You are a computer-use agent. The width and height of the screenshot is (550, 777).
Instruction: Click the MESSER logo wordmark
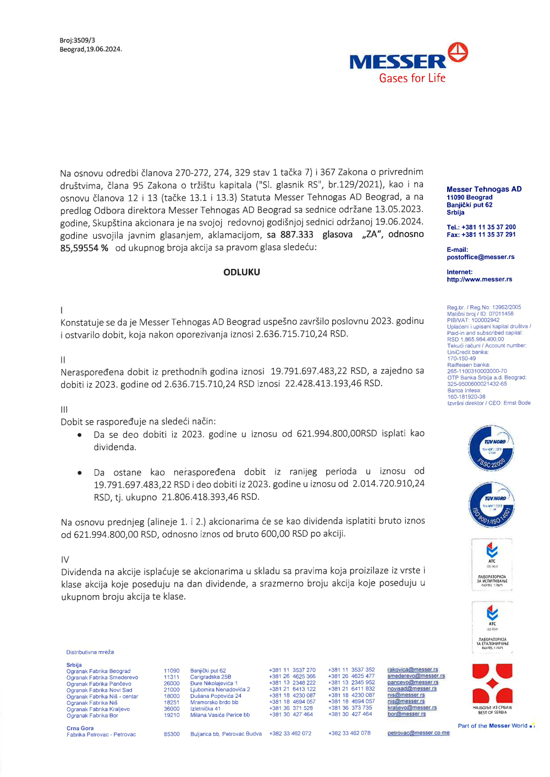[398, 62]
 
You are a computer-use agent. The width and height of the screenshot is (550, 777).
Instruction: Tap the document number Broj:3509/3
[78, 40]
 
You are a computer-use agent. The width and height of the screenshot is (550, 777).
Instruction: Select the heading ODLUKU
[241, 272]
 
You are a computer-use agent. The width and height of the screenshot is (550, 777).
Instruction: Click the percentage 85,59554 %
[84, 248]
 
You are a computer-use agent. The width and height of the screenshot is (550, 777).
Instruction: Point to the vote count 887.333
[296, 235]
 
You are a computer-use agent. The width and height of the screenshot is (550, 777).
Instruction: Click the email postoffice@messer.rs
[480, 257]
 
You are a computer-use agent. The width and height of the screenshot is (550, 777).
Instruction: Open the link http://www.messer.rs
[479, 279]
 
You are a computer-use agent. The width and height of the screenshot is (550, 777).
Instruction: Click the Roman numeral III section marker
[64, 410]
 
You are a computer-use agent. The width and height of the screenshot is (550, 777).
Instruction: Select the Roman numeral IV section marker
[65, 559]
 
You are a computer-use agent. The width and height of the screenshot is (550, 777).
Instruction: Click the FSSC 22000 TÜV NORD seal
[491, 448]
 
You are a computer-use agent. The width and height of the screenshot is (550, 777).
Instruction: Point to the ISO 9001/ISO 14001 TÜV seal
[491, 505]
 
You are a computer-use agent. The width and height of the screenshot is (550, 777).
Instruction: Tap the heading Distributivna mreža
[90, 652]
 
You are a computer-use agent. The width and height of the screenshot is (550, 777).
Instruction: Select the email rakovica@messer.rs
[413, 670]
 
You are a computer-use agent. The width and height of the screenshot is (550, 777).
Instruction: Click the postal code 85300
[172, 734]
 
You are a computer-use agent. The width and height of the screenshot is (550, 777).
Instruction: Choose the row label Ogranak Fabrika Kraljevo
[98, 709]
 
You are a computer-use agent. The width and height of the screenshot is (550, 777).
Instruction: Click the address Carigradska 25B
[211, 677]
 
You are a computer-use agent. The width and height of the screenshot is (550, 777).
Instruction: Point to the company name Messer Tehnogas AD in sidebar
[484, 189]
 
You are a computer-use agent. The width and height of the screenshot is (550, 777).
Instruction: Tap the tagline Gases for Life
[412, 79]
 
